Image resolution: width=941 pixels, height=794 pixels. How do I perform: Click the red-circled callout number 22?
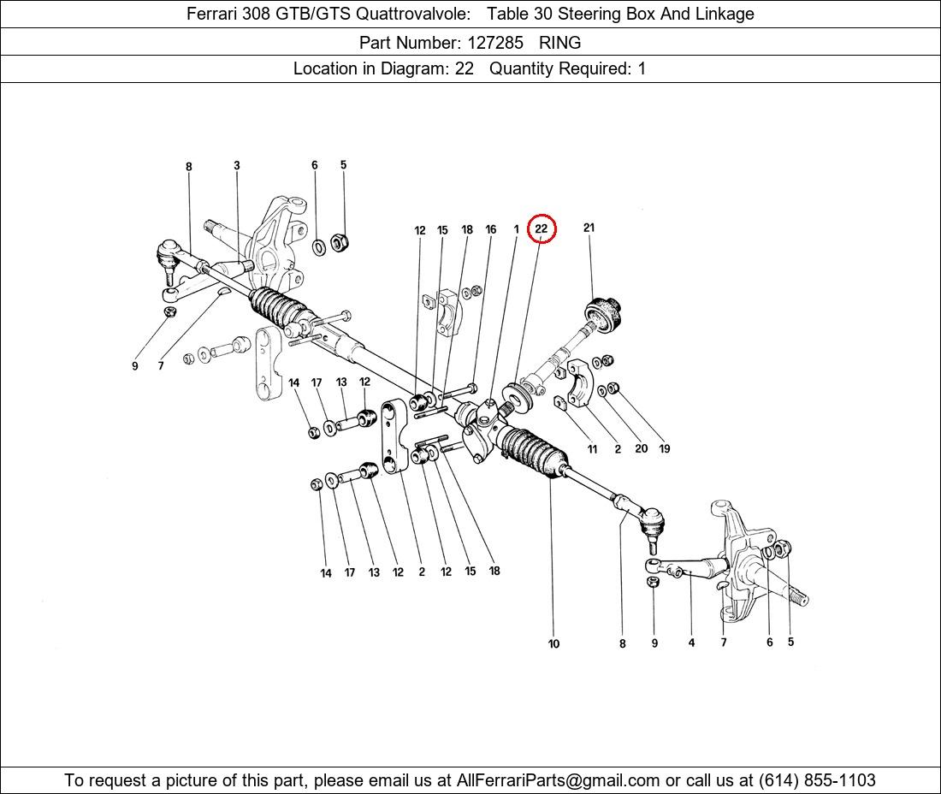pos(542,228)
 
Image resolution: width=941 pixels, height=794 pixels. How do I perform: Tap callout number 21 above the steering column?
pos(589,228)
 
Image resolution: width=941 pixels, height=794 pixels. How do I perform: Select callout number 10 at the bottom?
pos(553,644)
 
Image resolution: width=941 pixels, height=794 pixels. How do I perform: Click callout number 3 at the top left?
pos(237,166)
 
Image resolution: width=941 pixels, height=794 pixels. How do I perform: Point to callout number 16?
pos(491,229)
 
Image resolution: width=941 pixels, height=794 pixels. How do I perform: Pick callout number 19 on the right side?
pos(665,448)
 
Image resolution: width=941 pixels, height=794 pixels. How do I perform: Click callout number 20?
pos(641,448)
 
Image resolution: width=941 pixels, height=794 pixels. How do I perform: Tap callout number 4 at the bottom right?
pos(691,643)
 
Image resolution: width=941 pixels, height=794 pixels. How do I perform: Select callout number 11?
pos(592,449)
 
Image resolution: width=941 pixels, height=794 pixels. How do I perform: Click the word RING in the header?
pos(560,43)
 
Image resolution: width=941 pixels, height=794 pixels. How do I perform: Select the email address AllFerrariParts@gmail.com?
pos(558,780)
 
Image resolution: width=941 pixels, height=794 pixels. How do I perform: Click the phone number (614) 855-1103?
pos(817,780)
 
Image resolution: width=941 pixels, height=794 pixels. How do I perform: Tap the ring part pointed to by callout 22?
pos(518,398)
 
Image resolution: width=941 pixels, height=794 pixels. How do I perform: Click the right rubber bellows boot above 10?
pos(534,453)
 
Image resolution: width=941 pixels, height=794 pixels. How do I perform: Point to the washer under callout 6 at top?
pos(319,246)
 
